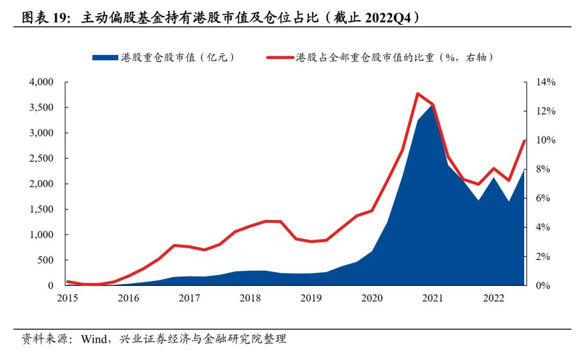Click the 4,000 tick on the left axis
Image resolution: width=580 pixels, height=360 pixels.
(x=41, y=82)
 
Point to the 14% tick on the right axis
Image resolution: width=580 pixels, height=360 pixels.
(x=543, y=82)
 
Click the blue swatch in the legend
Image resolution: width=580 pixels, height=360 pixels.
(x=105, y=57)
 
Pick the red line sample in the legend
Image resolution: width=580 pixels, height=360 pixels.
(x=279, y=57)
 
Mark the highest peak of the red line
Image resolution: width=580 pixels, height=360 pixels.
(x=417, y=94)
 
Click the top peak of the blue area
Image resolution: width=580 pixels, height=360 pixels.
(x=432, y=105)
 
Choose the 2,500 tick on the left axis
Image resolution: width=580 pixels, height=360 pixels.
(x=41, y=159)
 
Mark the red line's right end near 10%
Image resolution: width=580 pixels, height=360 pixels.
(x=524, y=141)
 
